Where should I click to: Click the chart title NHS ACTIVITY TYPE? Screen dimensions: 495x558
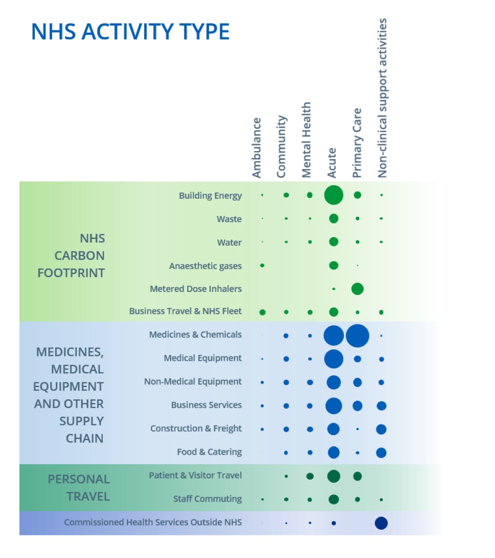click(x=130, y=31)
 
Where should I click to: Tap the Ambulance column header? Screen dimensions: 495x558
click(x=257, y=148)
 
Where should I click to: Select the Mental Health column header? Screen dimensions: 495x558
click(x=306, y=140)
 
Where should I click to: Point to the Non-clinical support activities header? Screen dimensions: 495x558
click(x=382, y=98)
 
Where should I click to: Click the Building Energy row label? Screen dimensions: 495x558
click(x=210, y=195)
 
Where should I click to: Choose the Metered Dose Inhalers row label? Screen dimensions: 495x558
click(x=196, y=288)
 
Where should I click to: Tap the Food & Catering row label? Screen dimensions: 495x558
click(x=209, y=452)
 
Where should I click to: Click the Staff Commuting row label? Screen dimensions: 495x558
click(x=207, y=499)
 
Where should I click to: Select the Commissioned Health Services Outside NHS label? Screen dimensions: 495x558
click(x=153, y=522)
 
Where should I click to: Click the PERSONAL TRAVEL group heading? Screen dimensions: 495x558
click(x=79, y=488)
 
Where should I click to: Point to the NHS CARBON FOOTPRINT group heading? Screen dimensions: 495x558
click(x=71, y=256)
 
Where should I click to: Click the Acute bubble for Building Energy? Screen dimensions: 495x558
click(x=333, y=195)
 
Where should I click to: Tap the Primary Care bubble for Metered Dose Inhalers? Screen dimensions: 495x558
click(x=357, y=288)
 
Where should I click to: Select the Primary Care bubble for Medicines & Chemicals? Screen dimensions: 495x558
click(x=357, y=335)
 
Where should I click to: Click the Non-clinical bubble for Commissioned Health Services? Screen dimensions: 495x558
click(x=381, y=523)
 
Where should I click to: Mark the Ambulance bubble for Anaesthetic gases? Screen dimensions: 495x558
click(x=262, y=266)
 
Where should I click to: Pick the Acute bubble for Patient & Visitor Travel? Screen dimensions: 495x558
click(x=333, y=476)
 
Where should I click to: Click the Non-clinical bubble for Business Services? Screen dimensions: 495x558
click(x=381, y=406)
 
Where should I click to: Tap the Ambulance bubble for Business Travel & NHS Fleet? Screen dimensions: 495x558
click(x=263, y=312)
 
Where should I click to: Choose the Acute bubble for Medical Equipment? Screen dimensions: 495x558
click(x=333, y=359)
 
